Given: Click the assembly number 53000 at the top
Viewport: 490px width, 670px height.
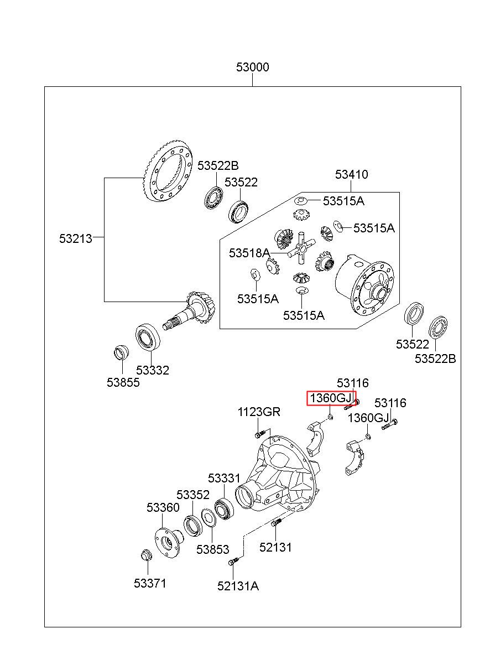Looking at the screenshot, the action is tap(253, 67).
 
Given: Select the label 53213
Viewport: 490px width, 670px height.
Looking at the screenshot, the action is tap(76, 238).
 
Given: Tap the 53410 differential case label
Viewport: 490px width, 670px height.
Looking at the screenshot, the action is tap(351, 174).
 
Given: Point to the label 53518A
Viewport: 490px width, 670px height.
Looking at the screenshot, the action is tap(249, 253).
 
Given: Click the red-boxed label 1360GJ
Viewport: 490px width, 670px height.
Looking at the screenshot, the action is tap(331, 398).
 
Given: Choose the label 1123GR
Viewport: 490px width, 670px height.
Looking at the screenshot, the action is tap(259, 412).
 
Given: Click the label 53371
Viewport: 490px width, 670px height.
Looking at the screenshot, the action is tap(150, 583).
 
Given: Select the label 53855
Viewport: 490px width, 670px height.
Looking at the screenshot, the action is tap(123, 382).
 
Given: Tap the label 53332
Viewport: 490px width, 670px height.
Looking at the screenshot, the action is tap(153, 370).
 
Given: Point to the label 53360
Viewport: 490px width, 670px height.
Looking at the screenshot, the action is tap(163, 507).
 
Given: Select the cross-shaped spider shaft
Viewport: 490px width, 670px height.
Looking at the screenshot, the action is tap(302, 247).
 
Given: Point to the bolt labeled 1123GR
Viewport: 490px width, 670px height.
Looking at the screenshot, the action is tap(260, 434).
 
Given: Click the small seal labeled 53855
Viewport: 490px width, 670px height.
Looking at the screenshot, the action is tap(122, 352).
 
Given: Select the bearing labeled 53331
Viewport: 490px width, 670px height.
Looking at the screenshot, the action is tap(224, 508).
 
